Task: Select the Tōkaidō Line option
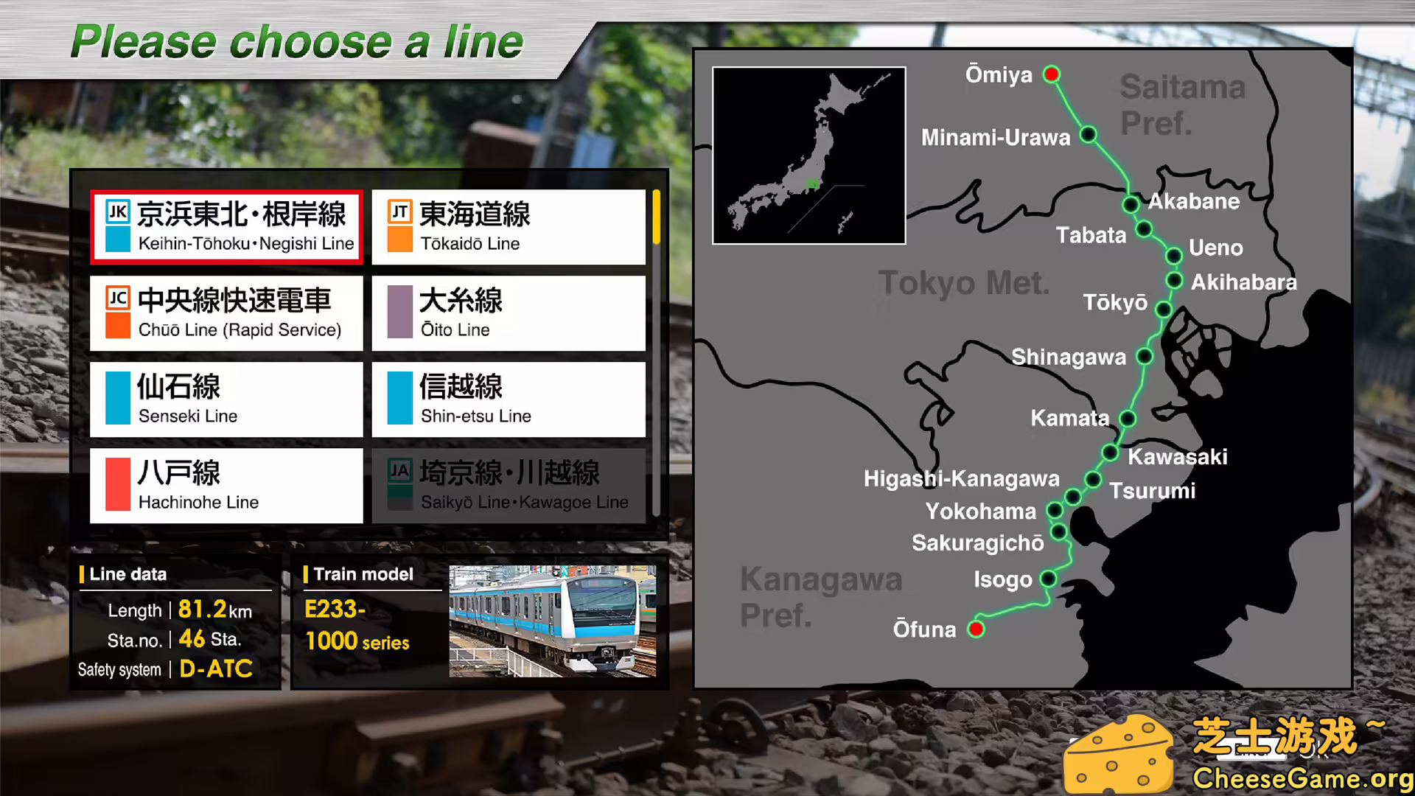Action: coord(509,227)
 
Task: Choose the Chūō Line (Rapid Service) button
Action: coord(226,313)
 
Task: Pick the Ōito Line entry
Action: coord(509,313)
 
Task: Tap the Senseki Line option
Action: coord(226,399)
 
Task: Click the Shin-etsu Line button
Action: coord(509,399)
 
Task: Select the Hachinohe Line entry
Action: coord(226,486)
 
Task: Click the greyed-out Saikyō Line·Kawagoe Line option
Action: coord(509,486)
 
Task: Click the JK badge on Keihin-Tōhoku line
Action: coord(118,212)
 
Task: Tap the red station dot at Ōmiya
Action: coord(1052,74)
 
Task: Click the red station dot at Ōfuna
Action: coord(976,629)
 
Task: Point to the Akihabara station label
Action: coord(1243,282)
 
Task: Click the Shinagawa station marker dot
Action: coord(1145,357)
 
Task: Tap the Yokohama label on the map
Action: coord(980,511)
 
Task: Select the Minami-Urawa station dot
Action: coord(1088,135)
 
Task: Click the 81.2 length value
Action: coord(202,610)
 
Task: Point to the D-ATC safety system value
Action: coord(216,668)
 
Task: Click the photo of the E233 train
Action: coord(552,621)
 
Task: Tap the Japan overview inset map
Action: coord(808,155)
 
